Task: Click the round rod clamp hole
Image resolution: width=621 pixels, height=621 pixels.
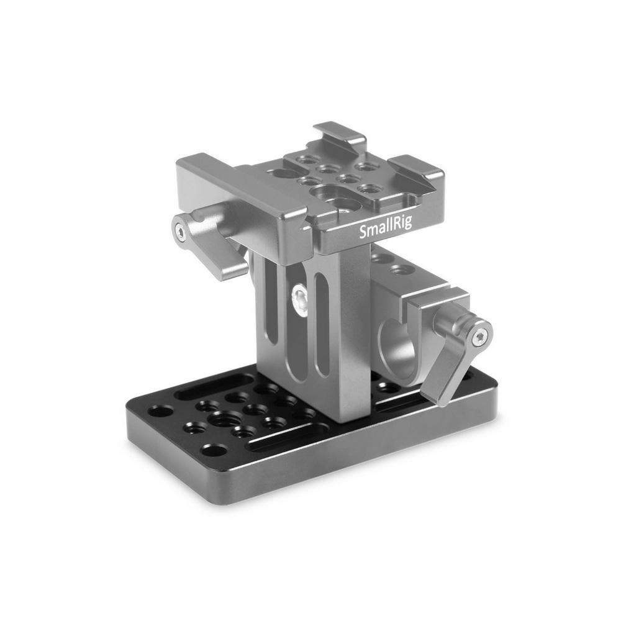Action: coord(397,348)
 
